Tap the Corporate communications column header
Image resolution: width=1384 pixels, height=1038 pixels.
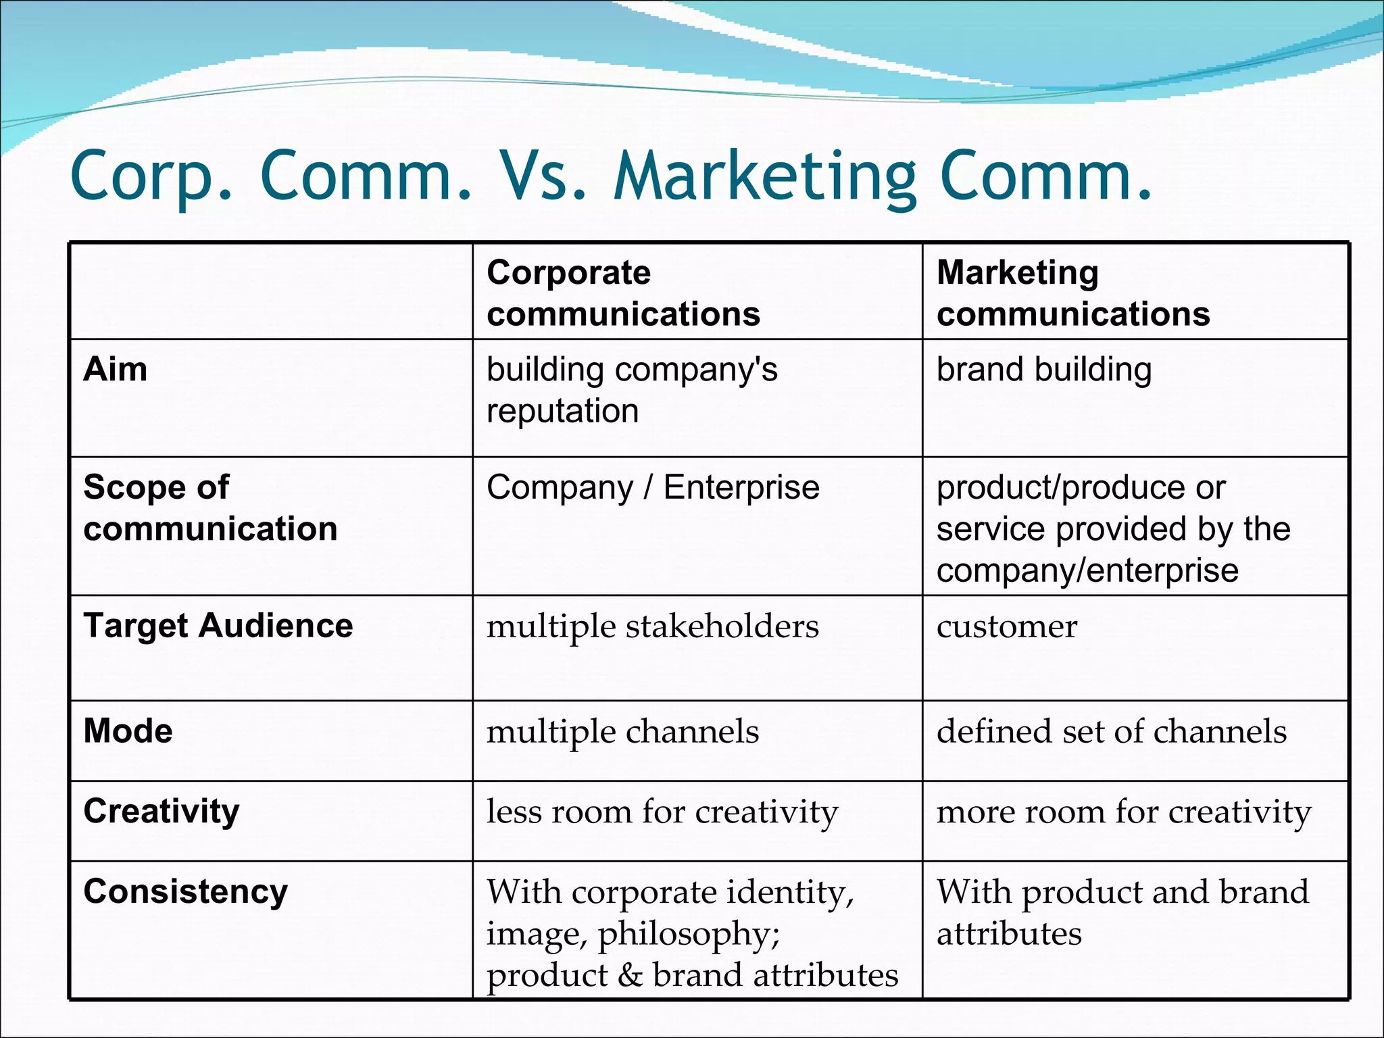(623, 293)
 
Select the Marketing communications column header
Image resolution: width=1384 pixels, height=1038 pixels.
(1072, 293)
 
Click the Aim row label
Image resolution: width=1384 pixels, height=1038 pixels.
(116, 370)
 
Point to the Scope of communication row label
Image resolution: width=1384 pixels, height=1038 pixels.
(210, 508)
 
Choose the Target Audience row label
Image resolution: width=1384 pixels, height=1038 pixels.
(218, 626)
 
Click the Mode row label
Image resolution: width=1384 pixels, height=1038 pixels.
(128, 731)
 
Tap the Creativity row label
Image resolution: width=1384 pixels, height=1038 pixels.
(162, 811)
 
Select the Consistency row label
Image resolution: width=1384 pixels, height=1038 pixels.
(185, 891)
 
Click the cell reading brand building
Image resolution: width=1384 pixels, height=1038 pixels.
(1043, 370)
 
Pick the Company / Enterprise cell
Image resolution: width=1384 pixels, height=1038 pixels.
(653, 487)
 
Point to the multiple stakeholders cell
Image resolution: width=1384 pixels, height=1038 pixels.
(652, 626)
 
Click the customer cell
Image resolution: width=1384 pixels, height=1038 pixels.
(1006, 626)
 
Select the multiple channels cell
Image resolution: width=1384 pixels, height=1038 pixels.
(622, 732)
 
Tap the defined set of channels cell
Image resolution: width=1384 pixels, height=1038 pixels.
(1111, 732)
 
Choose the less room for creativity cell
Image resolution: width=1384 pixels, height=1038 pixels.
(662, 812)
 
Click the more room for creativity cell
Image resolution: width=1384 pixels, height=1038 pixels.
(1123, 812)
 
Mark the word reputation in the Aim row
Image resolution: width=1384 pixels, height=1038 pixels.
(562, 411)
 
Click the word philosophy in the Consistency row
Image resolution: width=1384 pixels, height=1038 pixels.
(689, 935)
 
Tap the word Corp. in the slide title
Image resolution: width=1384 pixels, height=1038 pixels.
(152, 177)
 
